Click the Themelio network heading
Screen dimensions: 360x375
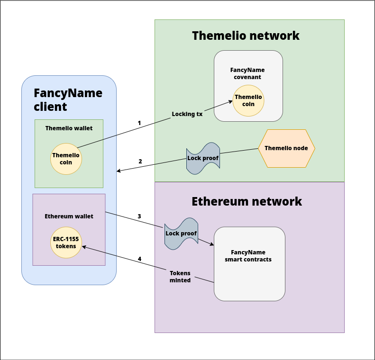point(246,36)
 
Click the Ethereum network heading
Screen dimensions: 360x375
point(247,201)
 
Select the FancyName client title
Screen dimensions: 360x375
point(68,99)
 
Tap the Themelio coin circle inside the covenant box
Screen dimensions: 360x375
point(248,101)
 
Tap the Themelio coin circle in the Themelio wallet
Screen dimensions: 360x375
point(66,159)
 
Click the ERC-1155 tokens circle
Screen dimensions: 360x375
point(66,243)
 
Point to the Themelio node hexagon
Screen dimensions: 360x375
point(286,148)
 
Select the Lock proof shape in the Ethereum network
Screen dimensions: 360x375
point(181,234)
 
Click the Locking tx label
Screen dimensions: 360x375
point(187,114)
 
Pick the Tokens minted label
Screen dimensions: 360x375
point(180,277)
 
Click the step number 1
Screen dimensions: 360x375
point(139,123)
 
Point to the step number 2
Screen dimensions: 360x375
point(140,161)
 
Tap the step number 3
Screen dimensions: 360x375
point(139,216)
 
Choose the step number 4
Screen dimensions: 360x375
point(139,259)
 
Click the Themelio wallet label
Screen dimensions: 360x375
point(69,128)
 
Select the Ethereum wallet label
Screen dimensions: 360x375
point(69,216)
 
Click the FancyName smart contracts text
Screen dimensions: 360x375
point(248,256)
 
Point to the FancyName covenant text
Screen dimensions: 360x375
point(247,73)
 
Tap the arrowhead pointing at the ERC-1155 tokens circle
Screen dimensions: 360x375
point(84,246)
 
